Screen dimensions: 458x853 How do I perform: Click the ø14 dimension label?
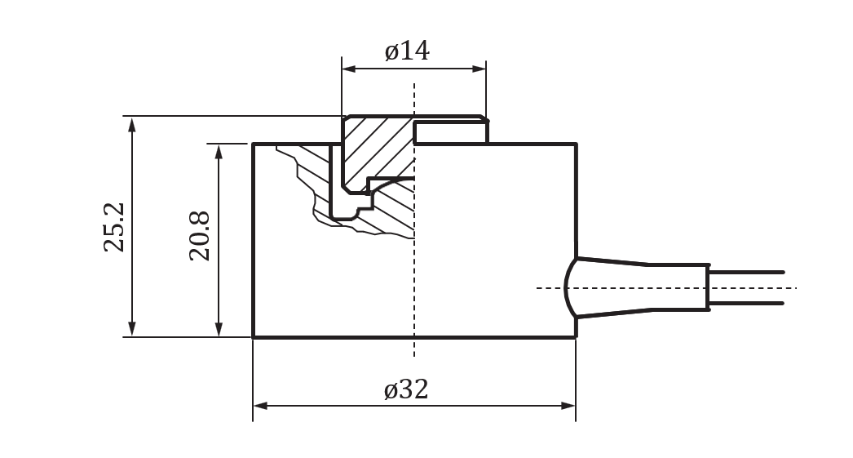coord(407,51)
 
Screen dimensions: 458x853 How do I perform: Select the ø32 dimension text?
coord(406,389)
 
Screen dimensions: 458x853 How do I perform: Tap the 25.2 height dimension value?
coord(115,227)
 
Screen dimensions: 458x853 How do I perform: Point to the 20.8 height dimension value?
coord(200,236)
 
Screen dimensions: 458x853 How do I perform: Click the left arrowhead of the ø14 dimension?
coord(348,69)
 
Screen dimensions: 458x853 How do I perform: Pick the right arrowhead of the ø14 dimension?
coord(480,69)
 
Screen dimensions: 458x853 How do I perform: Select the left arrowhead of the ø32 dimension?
coord(260,405)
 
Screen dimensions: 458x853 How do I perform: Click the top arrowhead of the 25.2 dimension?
coord(132,122)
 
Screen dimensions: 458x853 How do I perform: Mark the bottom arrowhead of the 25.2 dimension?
coord(132,330)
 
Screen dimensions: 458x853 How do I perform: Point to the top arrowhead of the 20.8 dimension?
coord(219,150)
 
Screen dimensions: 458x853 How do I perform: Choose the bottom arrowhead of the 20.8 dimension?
coord(219,330)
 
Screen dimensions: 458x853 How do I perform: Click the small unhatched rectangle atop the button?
coord(450,132)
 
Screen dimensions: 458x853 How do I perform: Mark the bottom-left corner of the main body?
coord(254,336)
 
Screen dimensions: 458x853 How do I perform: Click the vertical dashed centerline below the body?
coord(414,347)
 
